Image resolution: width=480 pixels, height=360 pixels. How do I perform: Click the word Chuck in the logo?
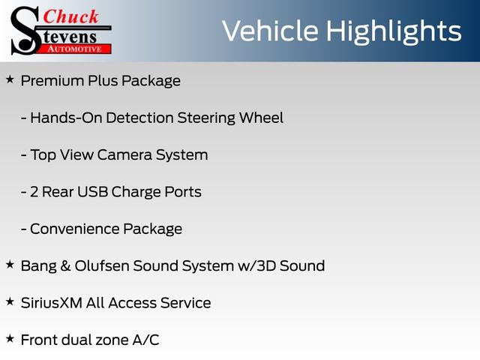pyautogui.click(x=72, y=16)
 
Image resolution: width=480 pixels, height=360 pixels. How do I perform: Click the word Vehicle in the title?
pyautogui.click(x=270, y=31)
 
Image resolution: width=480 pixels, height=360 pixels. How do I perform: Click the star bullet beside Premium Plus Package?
pyautogui.click(x=10, y=79)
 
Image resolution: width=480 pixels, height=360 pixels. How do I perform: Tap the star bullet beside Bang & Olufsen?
pyautogui.click(x=10, y=265)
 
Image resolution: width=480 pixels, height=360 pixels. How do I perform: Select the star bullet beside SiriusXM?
pyautogui.click(x=10, y=301)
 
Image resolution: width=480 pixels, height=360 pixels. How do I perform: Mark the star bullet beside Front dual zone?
pyautogui.click(x=10, y=338)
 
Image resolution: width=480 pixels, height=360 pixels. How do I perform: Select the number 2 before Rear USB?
pyautogui.click(x=34, y=192)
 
